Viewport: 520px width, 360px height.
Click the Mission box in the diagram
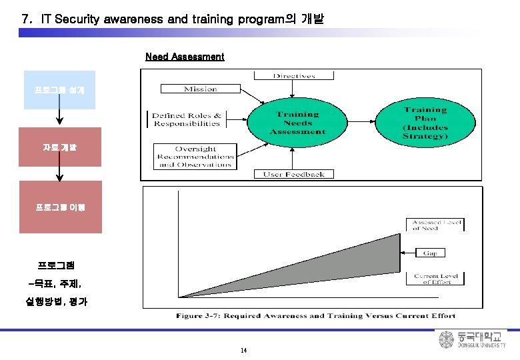(x=201, y=89)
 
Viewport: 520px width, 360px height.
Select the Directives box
(x=294, y=76)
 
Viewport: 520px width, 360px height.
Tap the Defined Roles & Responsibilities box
(x=187, y=119)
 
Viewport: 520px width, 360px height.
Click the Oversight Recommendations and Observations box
(x=195, y=157)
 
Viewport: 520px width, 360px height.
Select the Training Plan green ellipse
(x=425, y=123)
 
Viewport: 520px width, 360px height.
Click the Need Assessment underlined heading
(x=185, y=57)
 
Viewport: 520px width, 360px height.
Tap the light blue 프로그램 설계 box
(x=59, y=89)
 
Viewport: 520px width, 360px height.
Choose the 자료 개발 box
(x=60, y=147)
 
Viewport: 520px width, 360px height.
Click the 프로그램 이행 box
(x=60, y=207)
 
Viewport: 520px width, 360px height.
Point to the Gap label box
(x=430, y=253)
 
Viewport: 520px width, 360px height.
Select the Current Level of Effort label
(x=435, y=279)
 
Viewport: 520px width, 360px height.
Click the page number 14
(x=243, y=351)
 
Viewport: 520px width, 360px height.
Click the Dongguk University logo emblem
(x=446, y=340)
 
